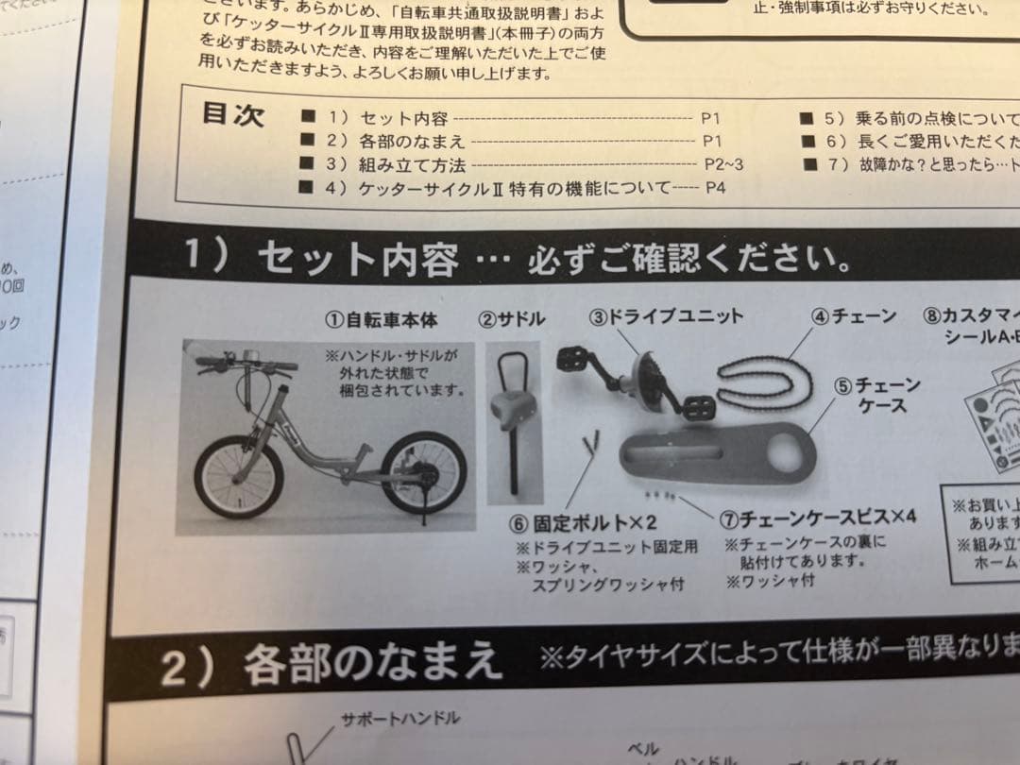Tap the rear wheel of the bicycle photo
point(423,472)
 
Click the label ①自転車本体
point(382,320)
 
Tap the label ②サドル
point(512,319)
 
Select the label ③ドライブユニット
point(667,316)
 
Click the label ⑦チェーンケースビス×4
point(818,518)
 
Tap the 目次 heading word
point(233,114)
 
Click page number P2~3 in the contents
point(724,163)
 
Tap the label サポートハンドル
point(400,719)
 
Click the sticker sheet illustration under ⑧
point(992,416)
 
